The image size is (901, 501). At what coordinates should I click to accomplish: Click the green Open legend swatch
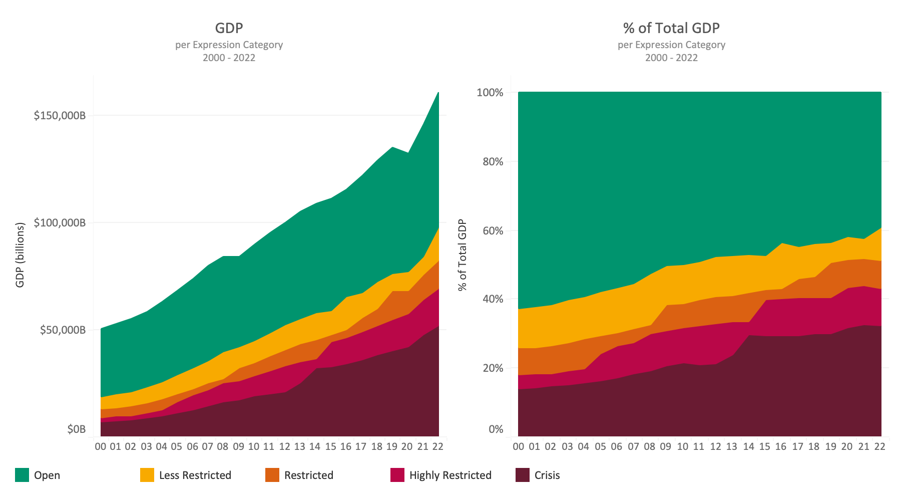pyautogui.click(x=22, y=475)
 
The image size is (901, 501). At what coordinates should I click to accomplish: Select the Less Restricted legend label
pyautogui.click(x=195, y=475)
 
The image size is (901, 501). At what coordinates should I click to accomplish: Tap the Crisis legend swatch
pyautogui.click(x=523, y=475)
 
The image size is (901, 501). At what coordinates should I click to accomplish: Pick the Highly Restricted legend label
pyautogui.click(x=450, y=475)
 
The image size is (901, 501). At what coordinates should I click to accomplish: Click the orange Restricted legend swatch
pyautogui.click(x=272, y=475)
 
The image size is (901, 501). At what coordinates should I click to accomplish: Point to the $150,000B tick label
pyautogui.click(x=60, y=116)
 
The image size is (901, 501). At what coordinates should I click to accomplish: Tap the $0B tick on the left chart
pyautogui.click(x=76, y=429)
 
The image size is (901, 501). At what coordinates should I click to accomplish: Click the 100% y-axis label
pyautogui.click(x=490, y=93)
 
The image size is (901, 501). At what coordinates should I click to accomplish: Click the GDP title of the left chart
pyautogui.click(x=229, y=28)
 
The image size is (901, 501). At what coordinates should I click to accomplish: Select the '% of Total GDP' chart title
pyautogui.click(x=671, y=28)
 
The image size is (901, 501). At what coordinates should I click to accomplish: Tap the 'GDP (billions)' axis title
pyautogui.click(x=20, y=255)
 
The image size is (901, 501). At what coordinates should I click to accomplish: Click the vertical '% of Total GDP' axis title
pyautogui.click(x=462, y=255)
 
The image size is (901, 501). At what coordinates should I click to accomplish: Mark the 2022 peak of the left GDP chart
pyautogui.click(x=438, y=93)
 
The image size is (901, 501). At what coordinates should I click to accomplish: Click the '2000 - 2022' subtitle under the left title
pyautogui.click(x=229, y=58)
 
